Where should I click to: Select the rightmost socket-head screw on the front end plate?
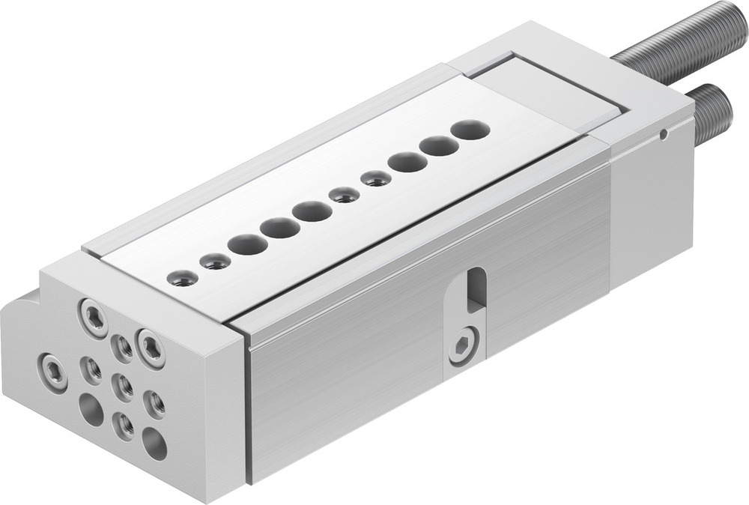tap(150, 348)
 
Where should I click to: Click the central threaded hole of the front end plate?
tap(122, 386)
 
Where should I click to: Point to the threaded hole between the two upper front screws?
tap(122, 347)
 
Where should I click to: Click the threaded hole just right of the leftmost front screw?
tap(91, 369)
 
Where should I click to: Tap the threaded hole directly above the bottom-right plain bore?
tap(154, 404)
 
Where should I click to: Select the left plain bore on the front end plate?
tap(91, 409)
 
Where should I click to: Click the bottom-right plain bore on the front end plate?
tap(154, 443)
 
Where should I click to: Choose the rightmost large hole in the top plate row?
tap(470, 130)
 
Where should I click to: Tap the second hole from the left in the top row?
tap(216, 261)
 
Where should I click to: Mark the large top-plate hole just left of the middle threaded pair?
tap(312, 211)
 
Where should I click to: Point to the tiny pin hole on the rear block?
tap(664, 136)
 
